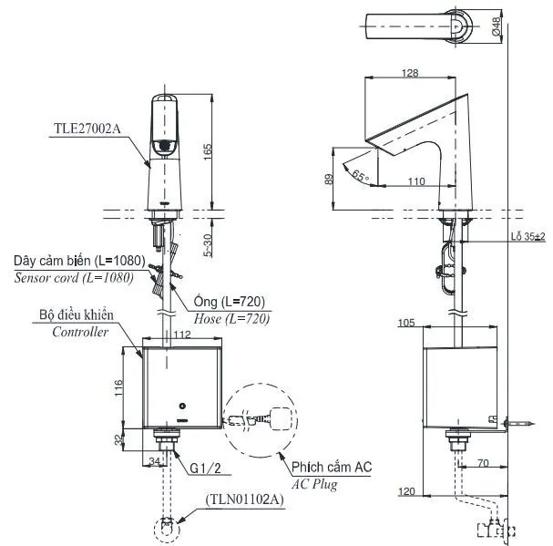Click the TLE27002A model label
click(x=87, y=129)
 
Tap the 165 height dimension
click(x=208, y=151)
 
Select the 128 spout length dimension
click(x=410, y=73)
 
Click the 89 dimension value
click(x=328, y=179)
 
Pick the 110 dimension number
click(x=416, y=181)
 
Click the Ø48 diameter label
click(x=497, y=26)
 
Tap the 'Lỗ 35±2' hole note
click(x=528, y=236)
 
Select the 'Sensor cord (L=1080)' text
click(x=74, y=278)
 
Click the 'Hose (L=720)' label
click(x=231, y=319)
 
